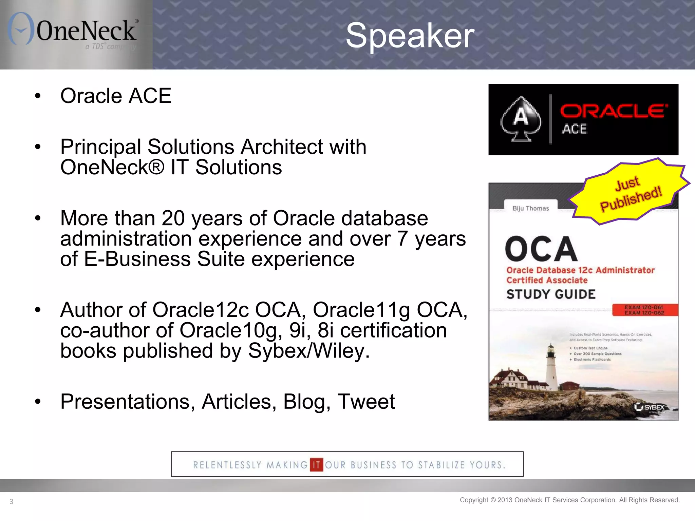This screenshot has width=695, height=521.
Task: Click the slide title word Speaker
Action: point(410,35)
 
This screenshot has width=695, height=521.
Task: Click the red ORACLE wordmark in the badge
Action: point(614,111)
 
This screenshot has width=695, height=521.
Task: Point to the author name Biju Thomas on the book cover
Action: point(530,208)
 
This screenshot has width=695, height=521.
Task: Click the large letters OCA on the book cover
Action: point(541,250)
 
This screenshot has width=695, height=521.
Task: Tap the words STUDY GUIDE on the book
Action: point(551,294)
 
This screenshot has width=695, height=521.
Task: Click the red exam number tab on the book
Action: point(644,310)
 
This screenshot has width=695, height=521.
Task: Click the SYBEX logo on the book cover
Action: point(650,407)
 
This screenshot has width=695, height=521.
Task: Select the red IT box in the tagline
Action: point(316,465)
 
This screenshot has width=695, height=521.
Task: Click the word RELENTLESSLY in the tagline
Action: point(227,465)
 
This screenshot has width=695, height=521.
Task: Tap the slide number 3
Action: point(12,501)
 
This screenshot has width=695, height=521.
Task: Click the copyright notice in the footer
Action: point(569,500)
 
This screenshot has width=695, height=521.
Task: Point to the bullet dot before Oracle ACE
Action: point(38,96)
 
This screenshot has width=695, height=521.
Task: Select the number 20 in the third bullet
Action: point(173,218)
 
